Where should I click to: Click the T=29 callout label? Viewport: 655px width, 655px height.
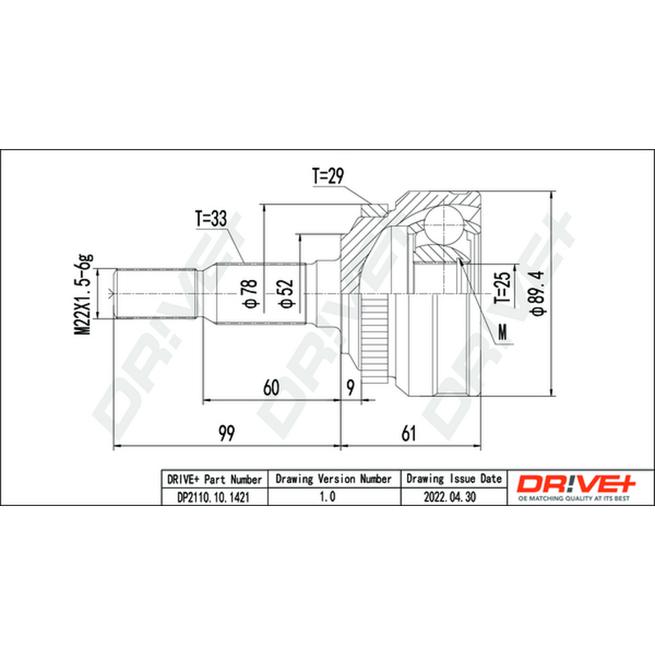[x=328, y=176]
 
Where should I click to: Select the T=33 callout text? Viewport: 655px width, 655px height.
[x=211, y=219]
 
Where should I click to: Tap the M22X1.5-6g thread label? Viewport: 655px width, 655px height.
[x=84, y=294]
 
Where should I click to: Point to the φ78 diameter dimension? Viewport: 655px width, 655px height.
[x=250, y=293]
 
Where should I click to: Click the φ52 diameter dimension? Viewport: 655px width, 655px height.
[x=286, y=293]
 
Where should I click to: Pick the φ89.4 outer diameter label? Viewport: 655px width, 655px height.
[x=538, y=292]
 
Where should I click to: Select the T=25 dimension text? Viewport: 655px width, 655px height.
[x=503, y=288]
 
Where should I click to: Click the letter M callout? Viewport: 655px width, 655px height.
[x=503, y=332]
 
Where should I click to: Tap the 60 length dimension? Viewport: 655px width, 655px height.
[x=271, y=387]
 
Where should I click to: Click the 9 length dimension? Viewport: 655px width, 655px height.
[x=351, y=387]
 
